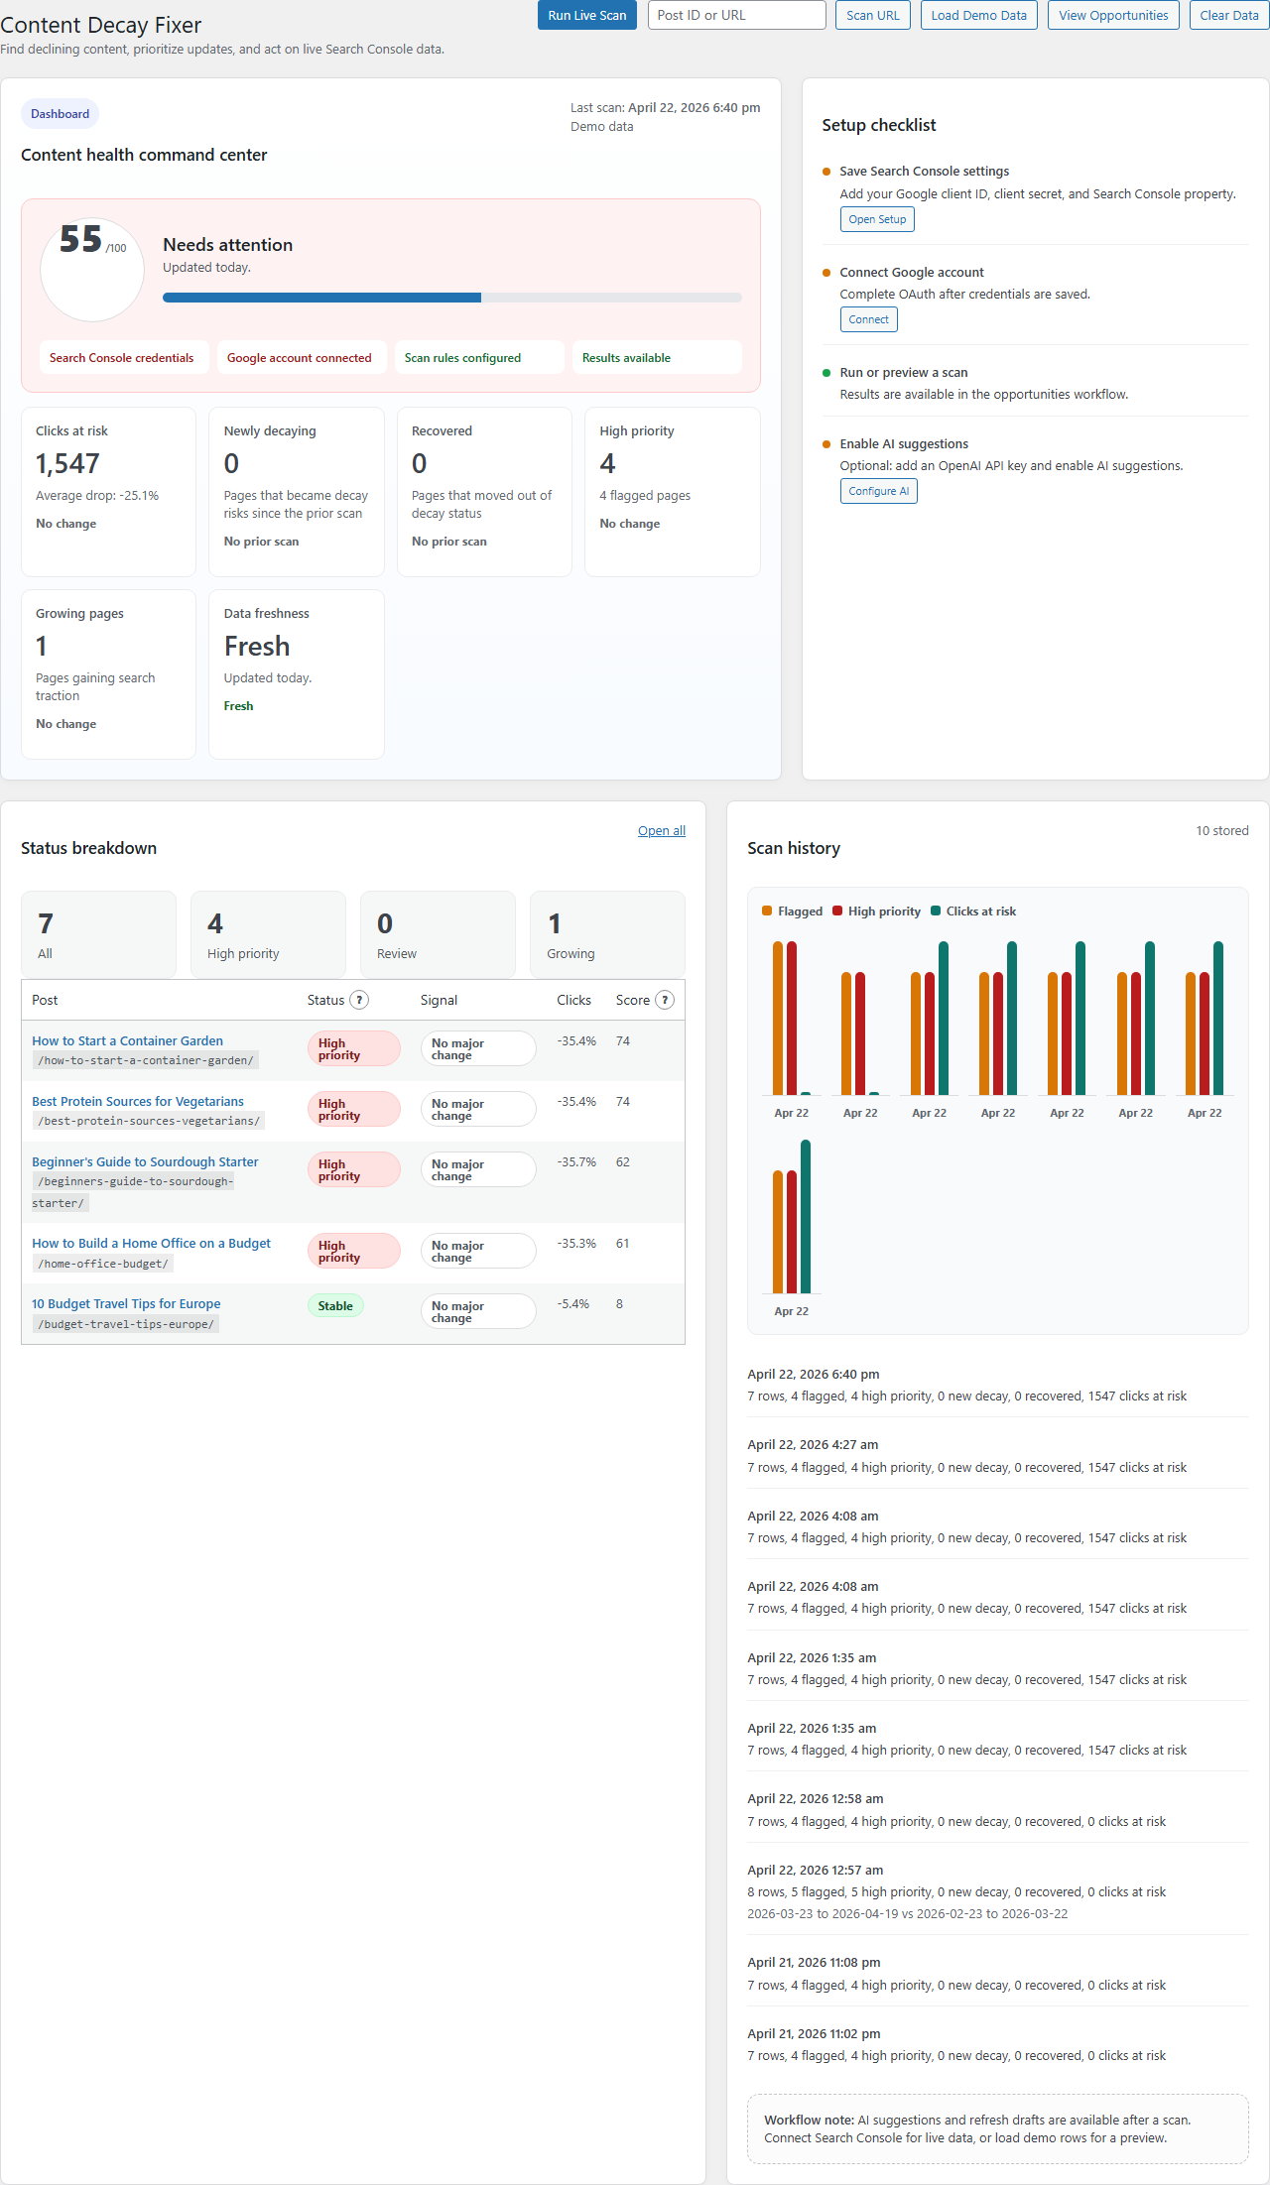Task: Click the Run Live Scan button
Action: (x=586, y=15)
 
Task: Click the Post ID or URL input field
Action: (x=736, y=15)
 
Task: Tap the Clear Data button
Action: (x=1228, y=15)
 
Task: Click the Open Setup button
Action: (x=877, y=219)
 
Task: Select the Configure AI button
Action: (x=878, y=491)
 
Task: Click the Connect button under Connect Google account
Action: (x=868, y=319)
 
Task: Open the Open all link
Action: (x=661, y=831)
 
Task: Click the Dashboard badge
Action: (x=60, y=114)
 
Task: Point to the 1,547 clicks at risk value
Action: (x=67, y=464)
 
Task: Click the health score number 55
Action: (x=80, y=239)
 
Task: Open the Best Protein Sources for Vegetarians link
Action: (x=138, y=1101)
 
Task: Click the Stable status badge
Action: (x=335, y=1306)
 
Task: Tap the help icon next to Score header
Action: (x=665, y=1000)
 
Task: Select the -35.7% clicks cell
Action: (x=576, y=1161)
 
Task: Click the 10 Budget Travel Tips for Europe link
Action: (x=126, y=1303)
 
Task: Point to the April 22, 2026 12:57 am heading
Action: (x=815, y=1870)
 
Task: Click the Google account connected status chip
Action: (x=299, y=358)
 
